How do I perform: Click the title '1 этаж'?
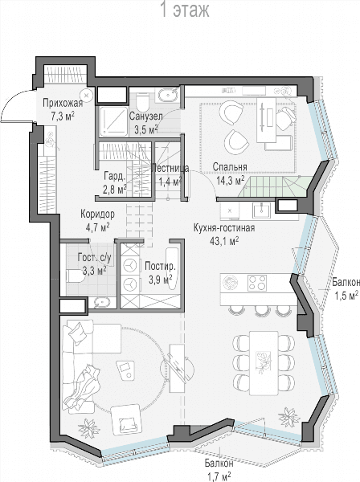[x=185, y=10]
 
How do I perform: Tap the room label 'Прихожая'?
[x=63, y=103]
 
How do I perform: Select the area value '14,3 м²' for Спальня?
[x=231, y=180]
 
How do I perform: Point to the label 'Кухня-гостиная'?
[x=224, y=228]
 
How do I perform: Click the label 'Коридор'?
[x=97, y=214]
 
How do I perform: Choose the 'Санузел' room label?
[x=145, y=116]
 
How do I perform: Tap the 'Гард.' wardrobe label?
[x=114, y=177]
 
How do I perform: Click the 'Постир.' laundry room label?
[x=160, y=266]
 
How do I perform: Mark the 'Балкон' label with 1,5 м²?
[x=346, y=282]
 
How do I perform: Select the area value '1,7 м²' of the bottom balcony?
[x=219, y=477]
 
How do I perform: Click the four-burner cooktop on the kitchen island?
[x=257, y=283]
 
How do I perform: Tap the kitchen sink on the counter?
[x=261, y=210]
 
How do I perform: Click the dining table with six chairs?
[x=264, y=363]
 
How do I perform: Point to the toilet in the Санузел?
[x=142, y=102]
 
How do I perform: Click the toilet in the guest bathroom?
[x=76, y=276]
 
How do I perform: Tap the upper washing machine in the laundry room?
[x=129, y=266]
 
